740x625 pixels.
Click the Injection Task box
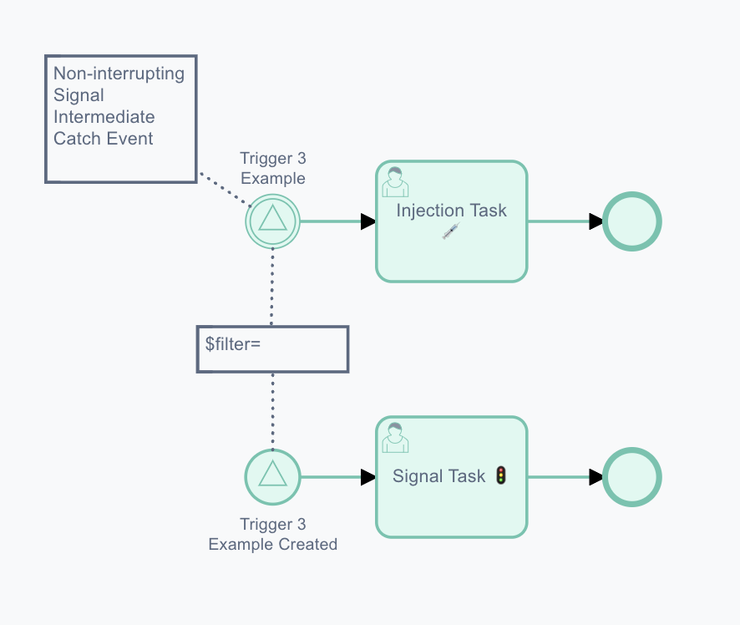[x=452, y=221]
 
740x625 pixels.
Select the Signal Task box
[x=452, y=477]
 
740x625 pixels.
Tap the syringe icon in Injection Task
[x=451, y=231]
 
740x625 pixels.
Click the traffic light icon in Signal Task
[x=501, y=475]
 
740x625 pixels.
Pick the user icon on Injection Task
[x=395, y=182]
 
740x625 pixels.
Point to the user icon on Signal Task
[x=395, y=438]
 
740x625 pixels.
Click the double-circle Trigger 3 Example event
[x=273, y=221]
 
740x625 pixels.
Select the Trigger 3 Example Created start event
[x=273, y=477]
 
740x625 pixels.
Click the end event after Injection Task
[x=632, y=221]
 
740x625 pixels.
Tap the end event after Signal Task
[x=632, y=477]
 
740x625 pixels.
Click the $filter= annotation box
[x=273, y=349]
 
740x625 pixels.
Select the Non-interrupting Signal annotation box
[x=121, y=119]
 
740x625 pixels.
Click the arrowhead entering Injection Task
[x=368, y=221]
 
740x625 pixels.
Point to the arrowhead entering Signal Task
[x=368, y=477]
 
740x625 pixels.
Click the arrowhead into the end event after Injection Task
[x=596, y=221]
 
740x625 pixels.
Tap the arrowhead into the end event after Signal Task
[x=596, y=477]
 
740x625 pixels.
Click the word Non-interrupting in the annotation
[x=119, y=74]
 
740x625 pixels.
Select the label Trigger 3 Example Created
[x=273, y=535]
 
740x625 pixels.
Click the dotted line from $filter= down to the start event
[x=273, y=411]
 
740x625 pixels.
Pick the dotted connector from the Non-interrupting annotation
[x=225, y=190]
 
